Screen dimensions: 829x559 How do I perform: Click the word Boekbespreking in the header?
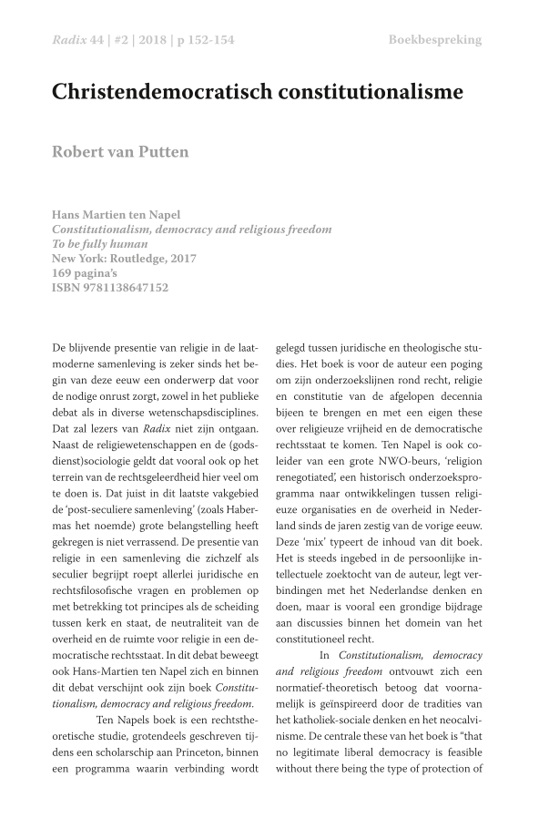click(x=434, y=40)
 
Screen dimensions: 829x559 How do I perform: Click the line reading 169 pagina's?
click(x=86, y=273)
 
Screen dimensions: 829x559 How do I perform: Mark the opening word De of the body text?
click(x=60, y=347)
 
